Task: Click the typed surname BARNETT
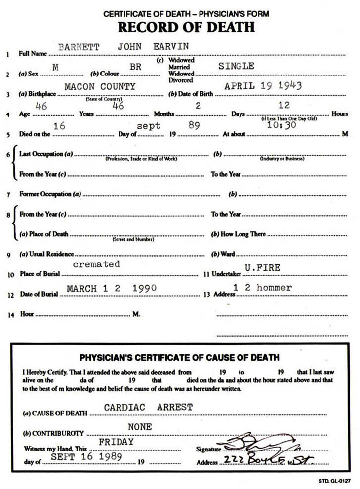coord(79,47)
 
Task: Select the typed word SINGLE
coord(237,66)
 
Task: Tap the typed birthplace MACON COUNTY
coord(100,86)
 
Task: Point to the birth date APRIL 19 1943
coord(263,86)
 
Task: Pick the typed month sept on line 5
coord(149,126)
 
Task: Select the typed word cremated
coord(96,264)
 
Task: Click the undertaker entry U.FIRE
coord(263,268)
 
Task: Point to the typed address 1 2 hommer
coord(262,287)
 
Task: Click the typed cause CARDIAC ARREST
coord(148,408)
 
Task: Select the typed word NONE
coord(140,427)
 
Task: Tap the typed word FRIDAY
coord(117,442)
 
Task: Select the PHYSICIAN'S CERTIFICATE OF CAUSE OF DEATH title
coord(179,357)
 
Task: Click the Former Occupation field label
coord(45,194)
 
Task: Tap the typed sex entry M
coord(55,68)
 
